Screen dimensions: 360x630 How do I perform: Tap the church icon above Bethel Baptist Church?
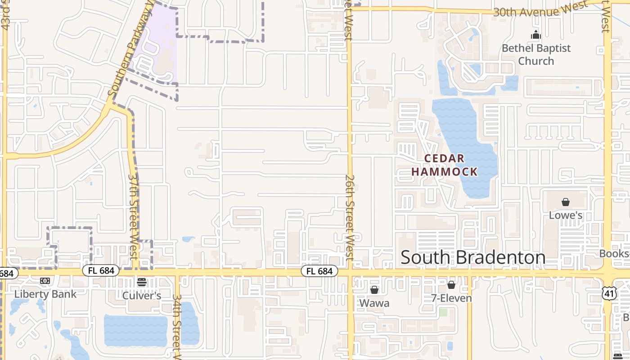pyautogui.click(x=535, y=35)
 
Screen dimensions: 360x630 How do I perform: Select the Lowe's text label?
pyautogui.click(x=566, y=216)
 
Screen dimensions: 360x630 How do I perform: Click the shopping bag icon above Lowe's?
pyautogui.click(x=566, y=202)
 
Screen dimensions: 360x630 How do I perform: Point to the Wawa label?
pyautogui.click(x=374, y=303)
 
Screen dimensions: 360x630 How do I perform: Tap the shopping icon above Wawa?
pyautogui.click(x=374, y=290)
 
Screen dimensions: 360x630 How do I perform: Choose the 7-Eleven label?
pyautogui.click(x=451, y=298)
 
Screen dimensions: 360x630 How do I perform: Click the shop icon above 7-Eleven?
pyautogui.click(x=451, y=285)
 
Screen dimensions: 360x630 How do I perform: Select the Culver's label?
pyautogui.click(x=142, y=296)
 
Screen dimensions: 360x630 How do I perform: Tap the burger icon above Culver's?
pyautogui.click(x=142, y=282)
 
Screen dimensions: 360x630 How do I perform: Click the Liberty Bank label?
pyautogui.click(x=45, y=294)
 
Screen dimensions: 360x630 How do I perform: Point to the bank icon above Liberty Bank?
pyautogui.click(x=45, y=281)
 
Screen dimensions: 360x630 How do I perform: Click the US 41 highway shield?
pyautogui.click(x=609, y=293)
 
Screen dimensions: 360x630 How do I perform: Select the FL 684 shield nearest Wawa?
pyautogui.click(x=319, y=271)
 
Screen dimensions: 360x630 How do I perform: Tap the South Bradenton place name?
pyautogui.click(x=473, y=257)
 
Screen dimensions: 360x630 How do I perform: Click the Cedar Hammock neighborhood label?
pyautogui.click(x=444, y=165)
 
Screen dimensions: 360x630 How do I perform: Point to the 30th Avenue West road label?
pyautogui.click(x=540, y=9)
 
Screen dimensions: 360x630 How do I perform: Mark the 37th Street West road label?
pyautogui.click(x=133, y=216)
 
